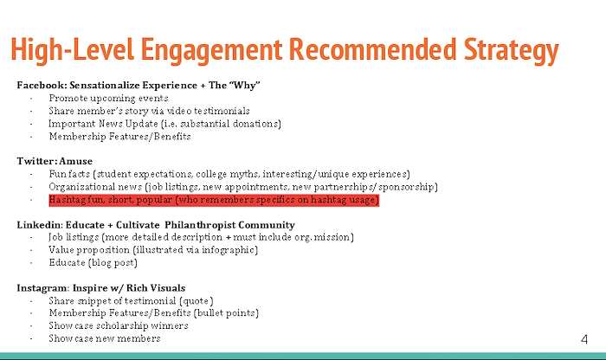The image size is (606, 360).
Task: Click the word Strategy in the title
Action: [x=511, y=50]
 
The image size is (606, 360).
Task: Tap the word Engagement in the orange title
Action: [x=212, y=50]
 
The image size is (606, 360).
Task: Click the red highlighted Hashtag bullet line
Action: [x=214, y=200]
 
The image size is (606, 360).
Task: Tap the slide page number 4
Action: [x=584, y=339]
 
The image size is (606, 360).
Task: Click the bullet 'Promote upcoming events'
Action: [x=108, y=99]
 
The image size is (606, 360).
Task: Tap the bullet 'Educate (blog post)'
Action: [x=93, y=263]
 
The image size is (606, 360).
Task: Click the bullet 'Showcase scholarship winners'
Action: [x=119, y=325]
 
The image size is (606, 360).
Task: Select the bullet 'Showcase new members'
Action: [x=105, y=338]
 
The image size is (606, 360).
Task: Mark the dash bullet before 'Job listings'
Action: [x=31, y=238]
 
